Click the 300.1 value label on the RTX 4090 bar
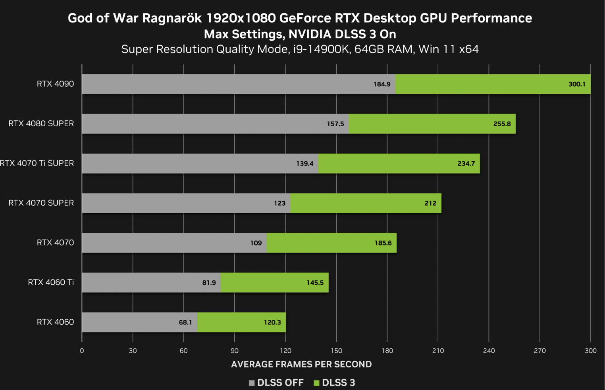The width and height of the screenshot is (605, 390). [577, 84]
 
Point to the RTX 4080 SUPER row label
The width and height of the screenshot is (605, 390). [41, 124]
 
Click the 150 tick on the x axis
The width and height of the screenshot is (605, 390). [336, 351]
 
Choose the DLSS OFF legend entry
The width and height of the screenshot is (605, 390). [276, 382]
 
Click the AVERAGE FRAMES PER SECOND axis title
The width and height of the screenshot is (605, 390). [301, 364]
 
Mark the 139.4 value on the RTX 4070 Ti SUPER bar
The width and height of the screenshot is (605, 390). [304, 164]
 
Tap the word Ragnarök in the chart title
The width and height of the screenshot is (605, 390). [172, 18]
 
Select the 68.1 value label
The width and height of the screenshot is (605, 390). [185, 322]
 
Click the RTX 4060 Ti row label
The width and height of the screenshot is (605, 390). [51, 282]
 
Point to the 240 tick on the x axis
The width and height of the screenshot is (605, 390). [489, 351]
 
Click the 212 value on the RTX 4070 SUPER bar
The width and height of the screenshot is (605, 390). [430, 203]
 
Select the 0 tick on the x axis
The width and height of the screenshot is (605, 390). [82, 351]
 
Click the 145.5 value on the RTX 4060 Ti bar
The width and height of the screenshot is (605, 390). [315, 283]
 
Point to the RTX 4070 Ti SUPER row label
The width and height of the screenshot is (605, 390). [37, 163]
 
